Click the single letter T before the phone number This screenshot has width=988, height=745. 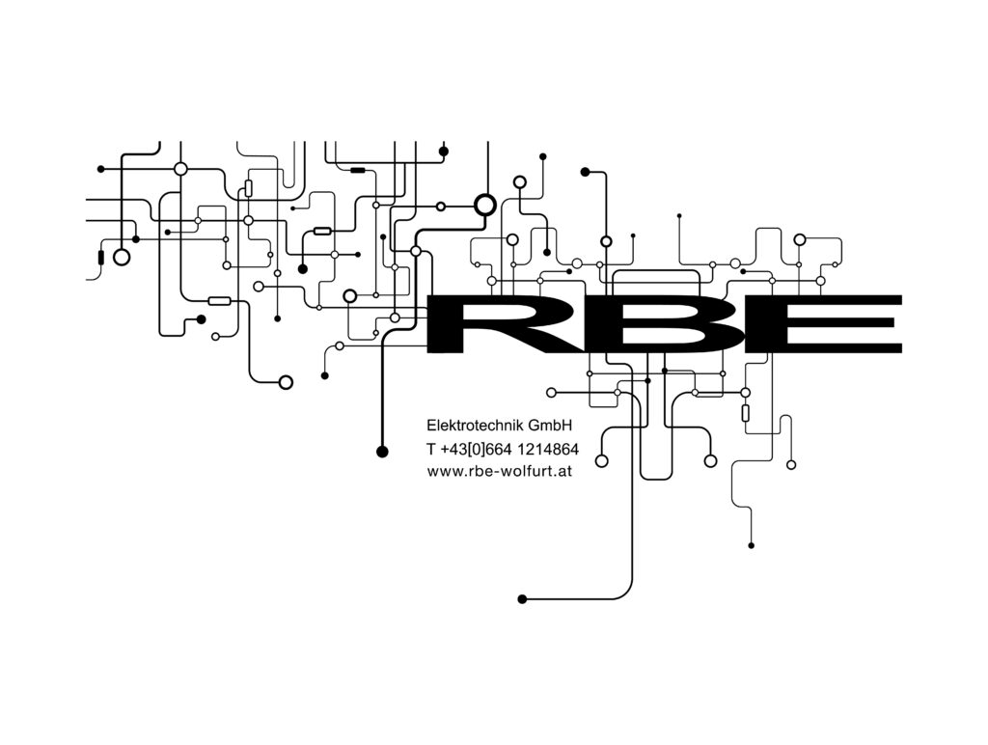click(x=431, y=450)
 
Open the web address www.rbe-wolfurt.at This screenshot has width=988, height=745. click(x=499, y=471)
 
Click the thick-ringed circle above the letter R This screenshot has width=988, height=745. click(x=484, y=205)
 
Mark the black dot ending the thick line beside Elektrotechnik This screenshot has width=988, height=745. click(x=382, y=452)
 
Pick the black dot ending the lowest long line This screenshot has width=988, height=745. click(x=522, y=598)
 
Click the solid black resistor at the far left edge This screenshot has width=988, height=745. click(x=100, y=257)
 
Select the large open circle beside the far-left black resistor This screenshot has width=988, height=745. click(x=122, y=257)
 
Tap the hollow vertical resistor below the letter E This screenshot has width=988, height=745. click(x=746, y=413)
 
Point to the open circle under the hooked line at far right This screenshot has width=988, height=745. click(x=791, y=465)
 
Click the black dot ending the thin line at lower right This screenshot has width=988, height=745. click(x=751, y=546)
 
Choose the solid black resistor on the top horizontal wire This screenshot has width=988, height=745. click(x=358, y=170)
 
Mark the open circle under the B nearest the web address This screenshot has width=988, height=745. click(x=602, y=460)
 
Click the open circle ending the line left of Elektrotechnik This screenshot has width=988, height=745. click(x=286, y=382)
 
